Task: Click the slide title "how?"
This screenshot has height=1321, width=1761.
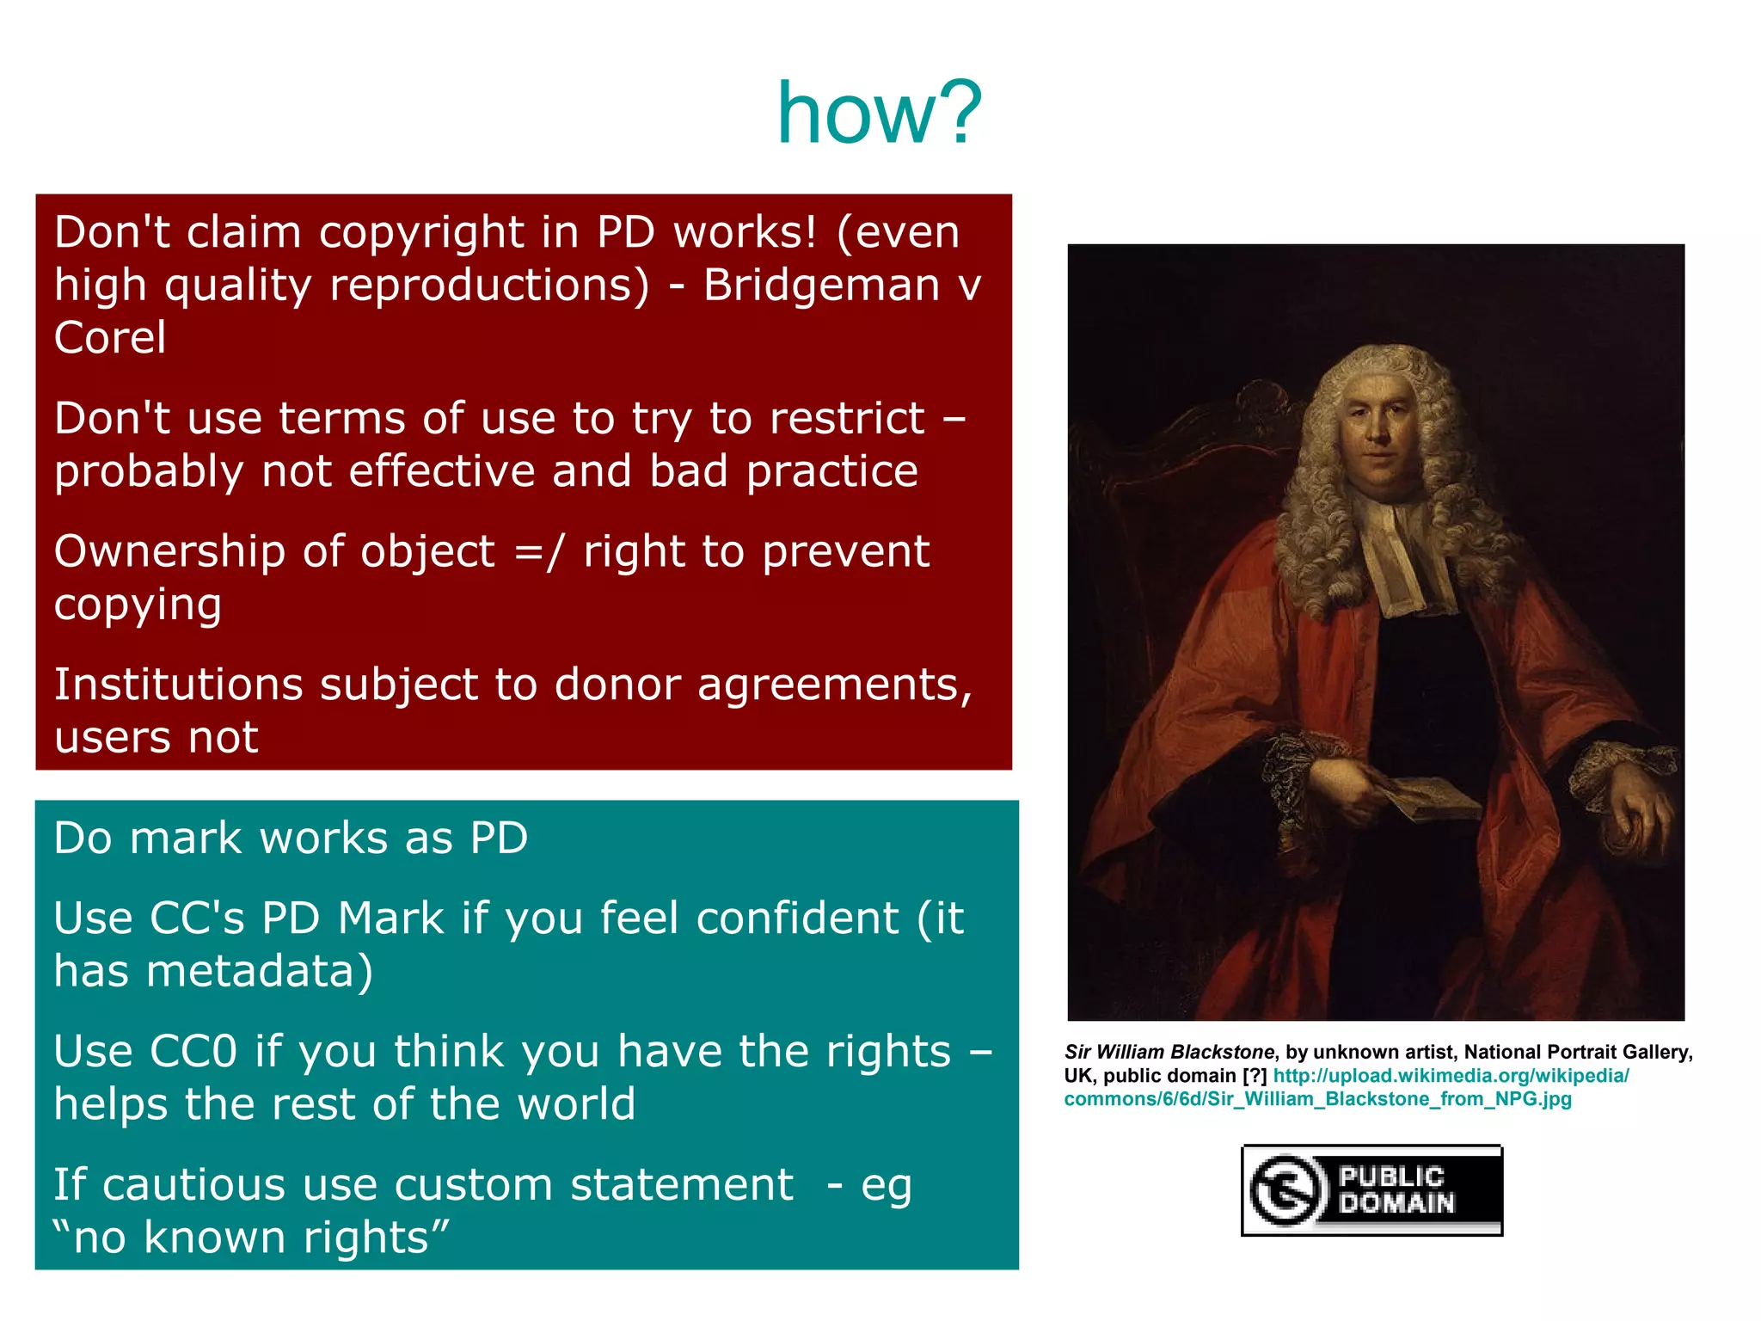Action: tap(879, 114)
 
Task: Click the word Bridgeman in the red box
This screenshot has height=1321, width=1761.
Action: tap(821, 286)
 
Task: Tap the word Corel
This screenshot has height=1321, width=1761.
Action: tap(110, 338)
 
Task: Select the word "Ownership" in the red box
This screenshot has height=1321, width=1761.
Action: tap(169, 552)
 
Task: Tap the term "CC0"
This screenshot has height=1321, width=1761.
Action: tap(193, 1052)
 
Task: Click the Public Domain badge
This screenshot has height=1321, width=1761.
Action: tap(1371, 1190)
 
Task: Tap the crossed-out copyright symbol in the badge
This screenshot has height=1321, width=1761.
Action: tap(1285, 1190)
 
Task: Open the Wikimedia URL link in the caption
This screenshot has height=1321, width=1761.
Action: tap(1450, 1076)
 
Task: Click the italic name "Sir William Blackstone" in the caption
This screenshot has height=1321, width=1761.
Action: tap(1169, 1052)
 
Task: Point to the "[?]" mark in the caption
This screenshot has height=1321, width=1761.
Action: tap(1254, 1076)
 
